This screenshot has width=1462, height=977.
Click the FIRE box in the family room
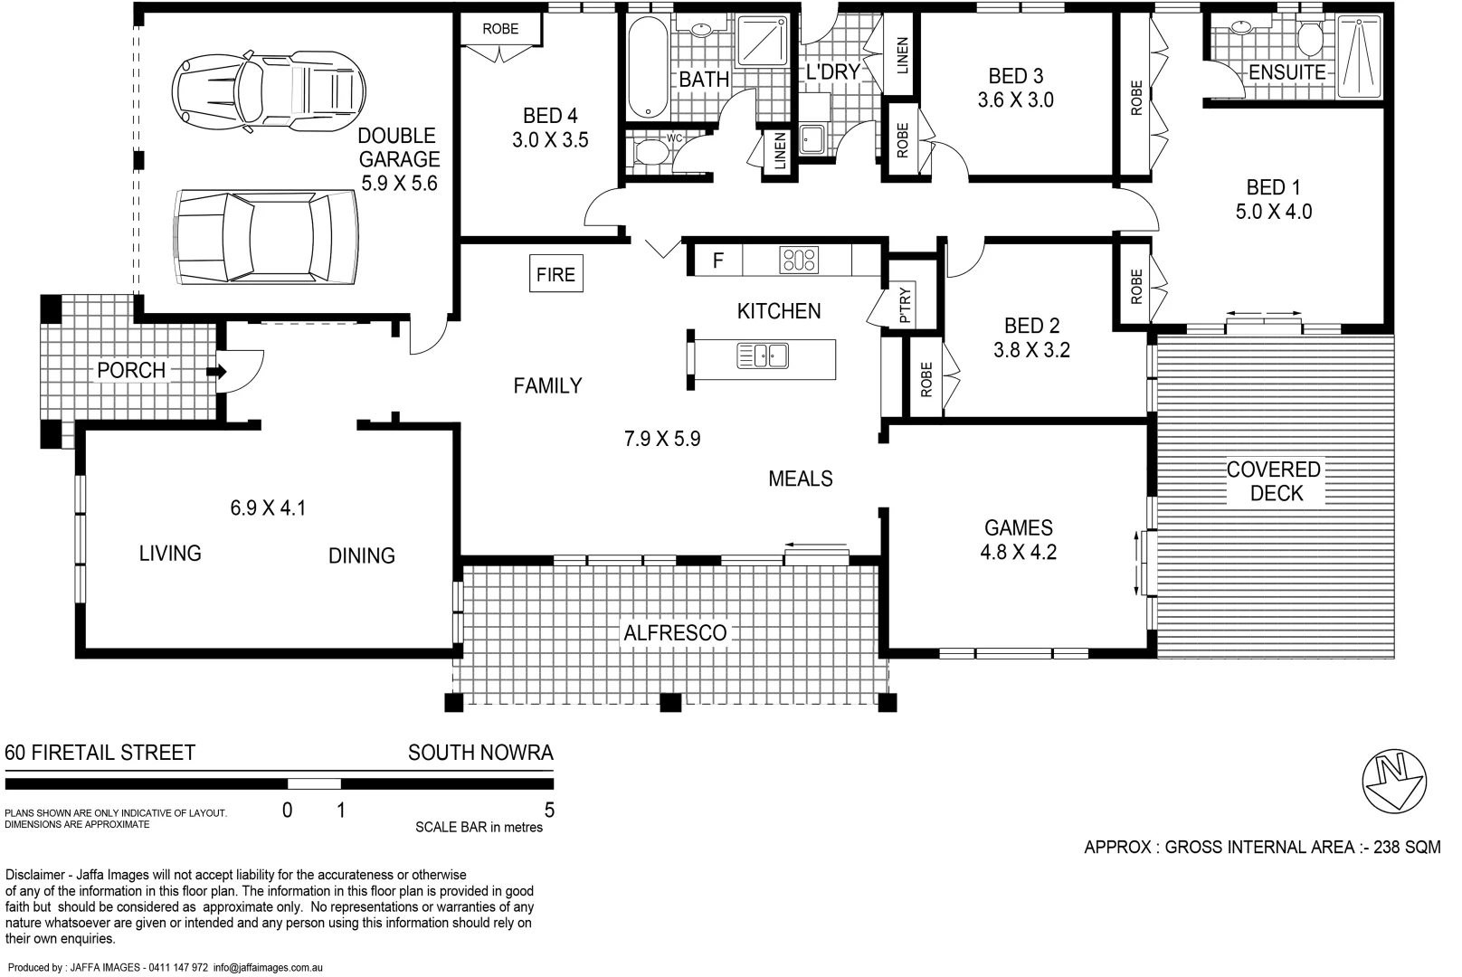tap(555, 274)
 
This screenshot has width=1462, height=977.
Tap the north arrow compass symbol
tap(1394, 779)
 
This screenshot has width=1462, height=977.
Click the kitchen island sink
tap(763, 356)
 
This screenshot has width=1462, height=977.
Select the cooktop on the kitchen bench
tap(799, 260)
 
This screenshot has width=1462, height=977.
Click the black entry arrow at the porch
tap(216, 371)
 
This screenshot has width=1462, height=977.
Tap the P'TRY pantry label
tap(906, 306)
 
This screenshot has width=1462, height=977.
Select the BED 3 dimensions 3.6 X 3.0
tap(1015, 100)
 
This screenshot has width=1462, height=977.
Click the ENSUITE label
tap(1286, 72)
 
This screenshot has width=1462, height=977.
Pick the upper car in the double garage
tap(270, 90)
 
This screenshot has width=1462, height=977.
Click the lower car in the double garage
tap(265, 237)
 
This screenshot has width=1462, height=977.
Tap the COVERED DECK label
tap(1273, 481)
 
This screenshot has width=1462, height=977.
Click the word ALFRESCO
tap(675, 633)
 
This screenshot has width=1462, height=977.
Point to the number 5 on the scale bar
tap(549, 811)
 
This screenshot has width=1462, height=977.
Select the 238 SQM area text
tap(1406, 848)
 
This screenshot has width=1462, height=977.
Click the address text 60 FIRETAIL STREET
tap(100, 753)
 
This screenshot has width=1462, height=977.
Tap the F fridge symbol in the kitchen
tap(717, 261)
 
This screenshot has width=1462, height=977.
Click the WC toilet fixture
tap(650, 151)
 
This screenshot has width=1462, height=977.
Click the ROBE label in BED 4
tap(500, 29)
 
